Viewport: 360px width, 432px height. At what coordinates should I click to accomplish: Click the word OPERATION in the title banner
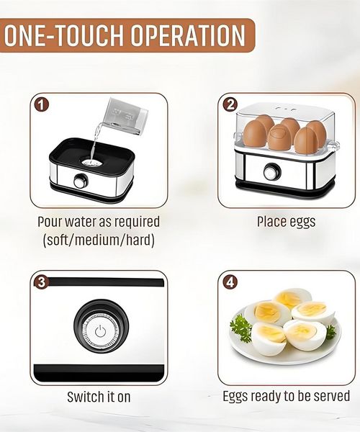pyautogui.click(x=188, y=35)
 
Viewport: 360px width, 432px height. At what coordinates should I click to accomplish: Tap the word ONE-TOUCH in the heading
pyautogui.click(x=64, y=35)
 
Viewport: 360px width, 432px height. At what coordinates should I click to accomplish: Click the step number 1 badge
pyautogui.click(x=41, y=105)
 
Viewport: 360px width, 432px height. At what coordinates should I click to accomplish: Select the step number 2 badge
pyautogui.click(x=230, y=104)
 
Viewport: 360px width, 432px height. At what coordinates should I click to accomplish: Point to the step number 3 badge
pyautogui.click(x=41, y=282)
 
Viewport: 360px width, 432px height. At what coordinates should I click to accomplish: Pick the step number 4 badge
pyautogui.click(x=230, y=282)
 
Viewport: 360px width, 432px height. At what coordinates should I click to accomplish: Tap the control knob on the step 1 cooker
pyautogui.click(x=81, y=181)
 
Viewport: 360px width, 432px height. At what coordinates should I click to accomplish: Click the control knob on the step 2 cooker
pyautogui.click(x=271, y=172)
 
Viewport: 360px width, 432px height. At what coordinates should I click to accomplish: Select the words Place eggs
pyautogui.click(x=286, y=222)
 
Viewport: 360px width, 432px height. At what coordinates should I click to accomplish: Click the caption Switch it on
pyautogui.click(x=99, y=397)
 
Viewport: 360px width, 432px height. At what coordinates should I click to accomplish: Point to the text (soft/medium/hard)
pyautogui.click(x=99, y=240)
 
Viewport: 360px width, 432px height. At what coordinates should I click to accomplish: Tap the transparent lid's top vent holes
pyautogui.click(x=285, y=109)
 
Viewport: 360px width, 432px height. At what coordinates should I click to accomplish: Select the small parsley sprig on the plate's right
pyautogui.click(x=330, y=331)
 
